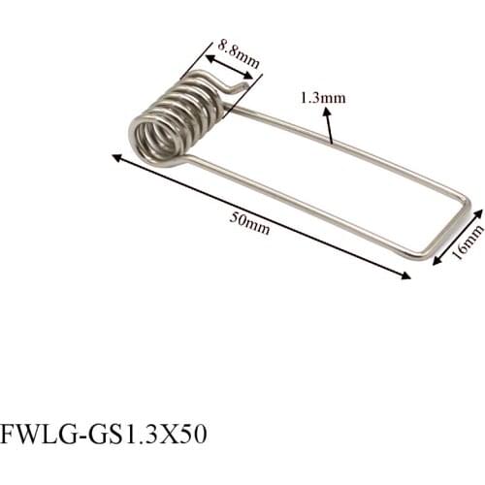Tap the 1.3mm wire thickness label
(324, 98)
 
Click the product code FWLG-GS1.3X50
(105, 433)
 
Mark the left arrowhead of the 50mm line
(116, 156)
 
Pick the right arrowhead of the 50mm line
(407, 277)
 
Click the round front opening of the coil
(154, 139)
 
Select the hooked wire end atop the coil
(235, 86)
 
